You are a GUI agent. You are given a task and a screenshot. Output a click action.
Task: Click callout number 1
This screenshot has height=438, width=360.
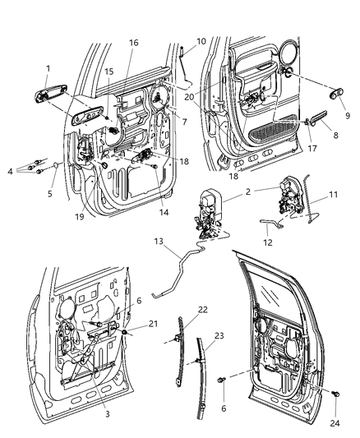[48, 67]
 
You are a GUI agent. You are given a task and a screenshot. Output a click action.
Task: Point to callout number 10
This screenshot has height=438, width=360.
[201, 41]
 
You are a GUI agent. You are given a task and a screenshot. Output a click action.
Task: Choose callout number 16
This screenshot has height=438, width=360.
[134, 42]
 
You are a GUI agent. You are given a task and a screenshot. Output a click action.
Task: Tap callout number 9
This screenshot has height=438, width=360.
[347, 116]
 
